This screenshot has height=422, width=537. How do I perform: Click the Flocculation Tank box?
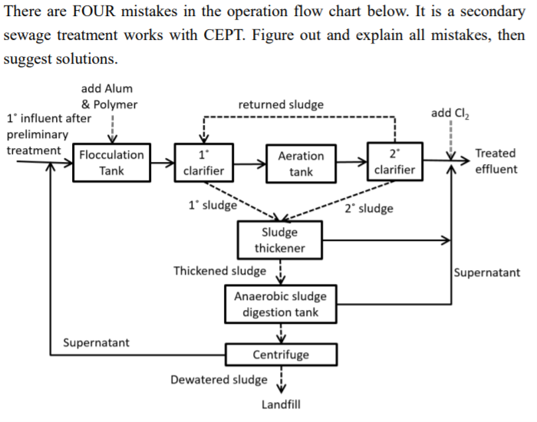(x=112, y=163)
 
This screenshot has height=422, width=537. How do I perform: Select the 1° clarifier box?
(x=203, y=163)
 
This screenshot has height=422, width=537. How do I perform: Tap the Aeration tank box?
(x=301, y=163)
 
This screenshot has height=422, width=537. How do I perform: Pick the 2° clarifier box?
(x=394, y=162)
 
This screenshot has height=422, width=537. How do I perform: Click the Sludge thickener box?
(x=279, y=240)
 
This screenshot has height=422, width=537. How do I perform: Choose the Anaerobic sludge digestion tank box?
(x=280, y=305)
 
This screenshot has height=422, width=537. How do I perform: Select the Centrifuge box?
(x=281, y=354)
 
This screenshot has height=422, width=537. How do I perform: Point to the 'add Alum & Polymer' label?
(x=109, y=97)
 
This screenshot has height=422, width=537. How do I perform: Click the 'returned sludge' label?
(x=281, y=104)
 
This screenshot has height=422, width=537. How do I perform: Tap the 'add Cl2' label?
(x=450, y=114)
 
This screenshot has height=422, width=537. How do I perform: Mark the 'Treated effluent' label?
(x=496, y=161)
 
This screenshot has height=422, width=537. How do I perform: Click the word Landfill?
(x=280, y=404)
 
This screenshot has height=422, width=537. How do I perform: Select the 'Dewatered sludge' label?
(x=219, y=380)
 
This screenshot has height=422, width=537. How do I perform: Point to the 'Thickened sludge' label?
(x=219, y=271)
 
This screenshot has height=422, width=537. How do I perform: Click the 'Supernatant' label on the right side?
(x=486, y=272)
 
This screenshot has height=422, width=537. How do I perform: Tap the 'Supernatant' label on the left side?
(x=96, y=342)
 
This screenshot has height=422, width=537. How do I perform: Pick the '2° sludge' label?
(x=369, y=208)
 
